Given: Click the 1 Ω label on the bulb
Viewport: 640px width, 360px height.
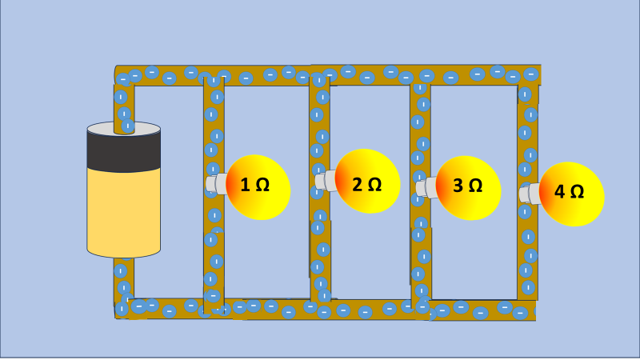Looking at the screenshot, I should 255,186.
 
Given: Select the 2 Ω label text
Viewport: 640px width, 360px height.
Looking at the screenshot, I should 366,185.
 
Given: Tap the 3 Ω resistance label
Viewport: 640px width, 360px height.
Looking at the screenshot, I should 467,186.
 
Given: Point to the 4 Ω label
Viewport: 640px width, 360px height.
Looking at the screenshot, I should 569,192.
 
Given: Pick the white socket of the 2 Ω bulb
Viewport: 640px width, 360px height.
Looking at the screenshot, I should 324,181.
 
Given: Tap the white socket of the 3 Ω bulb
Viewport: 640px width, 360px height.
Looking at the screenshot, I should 427,187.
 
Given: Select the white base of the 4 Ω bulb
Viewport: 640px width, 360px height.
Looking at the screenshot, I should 530,194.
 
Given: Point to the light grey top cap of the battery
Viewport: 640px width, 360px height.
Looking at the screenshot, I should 123,128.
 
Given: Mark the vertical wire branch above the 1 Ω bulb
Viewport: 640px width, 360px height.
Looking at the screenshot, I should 214,120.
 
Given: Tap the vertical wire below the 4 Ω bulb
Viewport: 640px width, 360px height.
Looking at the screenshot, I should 528,256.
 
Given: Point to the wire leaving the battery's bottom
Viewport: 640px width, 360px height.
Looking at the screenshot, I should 123,280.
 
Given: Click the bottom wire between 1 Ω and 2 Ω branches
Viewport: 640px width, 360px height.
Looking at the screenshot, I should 264,306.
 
